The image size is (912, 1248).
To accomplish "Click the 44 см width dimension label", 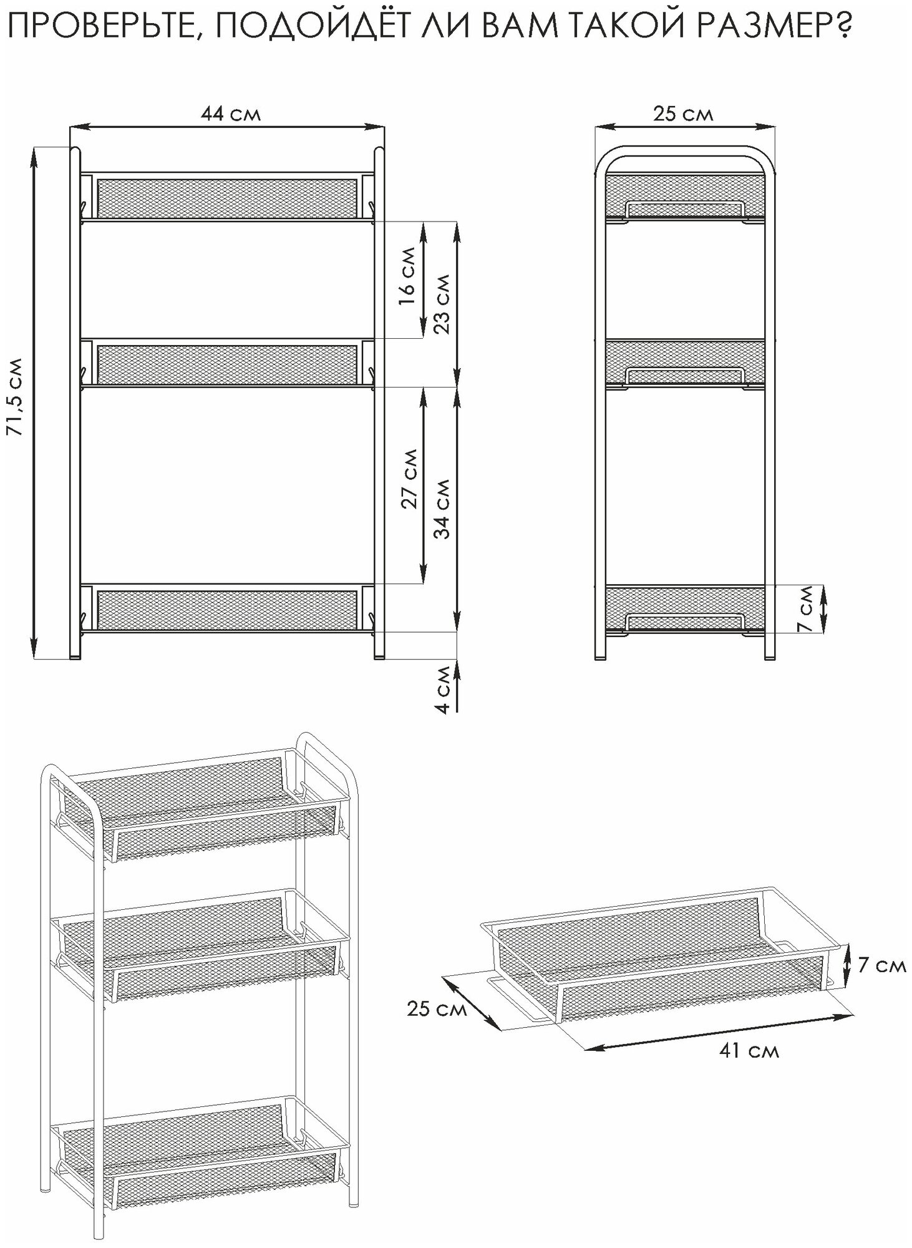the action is [x=230, y=114].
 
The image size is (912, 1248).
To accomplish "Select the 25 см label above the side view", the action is [x=683, y=114].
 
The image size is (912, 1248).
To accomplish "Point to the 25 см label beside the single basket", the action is [x=436, y=1009].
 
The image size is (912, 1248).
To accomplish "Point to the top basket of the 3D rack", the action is [x=200, y=805].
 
